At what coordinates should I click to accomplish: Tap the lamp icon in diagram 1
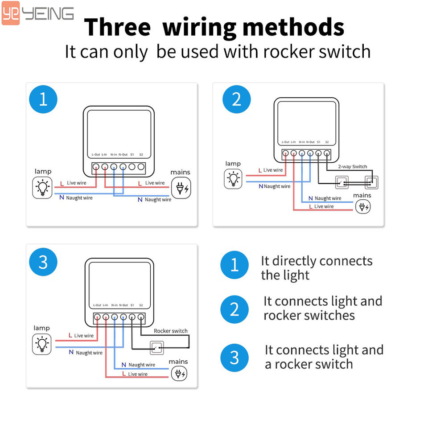(42, 187)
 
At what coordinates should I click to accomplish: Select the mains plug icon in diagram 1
(181, 188)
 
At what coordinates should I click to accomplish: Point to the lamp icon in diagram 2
(233, 179)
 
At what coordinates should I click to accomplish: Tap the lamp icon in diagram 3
(42, 343)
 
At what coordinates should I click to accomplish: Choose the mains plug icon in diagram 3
(178, 373)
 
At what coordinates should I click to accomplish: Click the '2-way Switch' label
(353, 167)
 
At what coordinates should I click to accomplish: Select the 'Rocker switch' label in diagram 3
(171, 331)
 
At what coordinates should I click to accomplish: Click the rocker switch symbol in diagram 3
(156, 347)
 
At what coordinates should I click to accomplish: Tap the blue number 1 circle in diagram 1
(43, 99)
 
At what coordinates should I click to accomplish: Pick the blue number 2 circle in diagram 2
(237, 99)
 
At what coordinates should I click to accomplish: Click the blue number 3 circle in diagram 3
(43, 262)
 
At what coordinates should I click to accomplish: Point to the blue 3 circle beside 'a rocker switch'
(235, 358)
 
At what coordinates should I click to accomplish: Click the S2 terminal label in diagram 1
(141, 155)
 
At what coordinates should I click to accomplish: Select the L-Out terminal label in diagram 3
(97, 305)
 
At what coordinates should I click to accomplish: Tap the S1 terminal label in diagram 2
(318, 142)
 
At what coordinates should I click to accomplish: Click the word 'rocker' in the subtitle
(280, 51)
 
